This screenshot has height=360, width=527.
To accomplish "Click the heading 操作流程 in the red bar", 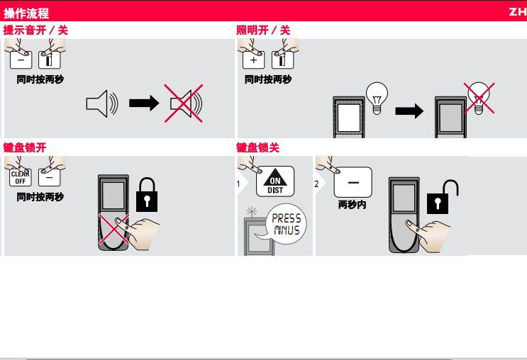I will (x=26, y=13).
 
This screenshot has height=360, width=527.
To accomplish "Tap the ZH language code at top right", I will (x=516, y=13).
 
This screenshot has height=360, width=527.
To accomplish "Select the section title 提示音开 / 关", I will (x=36, y=30).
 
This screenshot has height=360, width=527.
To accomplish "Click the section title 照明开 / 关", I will (x=263, y=30).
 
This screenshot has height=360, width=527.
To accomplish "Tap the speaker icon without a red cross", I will (x=101, y=104).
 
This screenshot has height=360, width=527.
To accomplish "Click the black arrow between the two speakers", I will (x=144, y=104).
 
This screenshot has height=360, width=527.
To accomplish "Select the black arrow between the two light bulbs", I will (x=409, y=111).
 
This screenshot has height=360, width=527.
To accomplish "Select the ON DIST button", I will (x=274, y=181).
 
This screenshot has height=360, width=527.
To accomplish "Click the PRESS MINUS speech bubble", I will (x=286, y=225).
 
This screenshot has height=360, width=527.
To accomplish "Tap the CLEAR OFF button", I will (x=20, y=177).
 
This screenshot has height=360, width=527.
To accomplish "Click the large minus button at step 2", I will (x=353, y=182).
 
